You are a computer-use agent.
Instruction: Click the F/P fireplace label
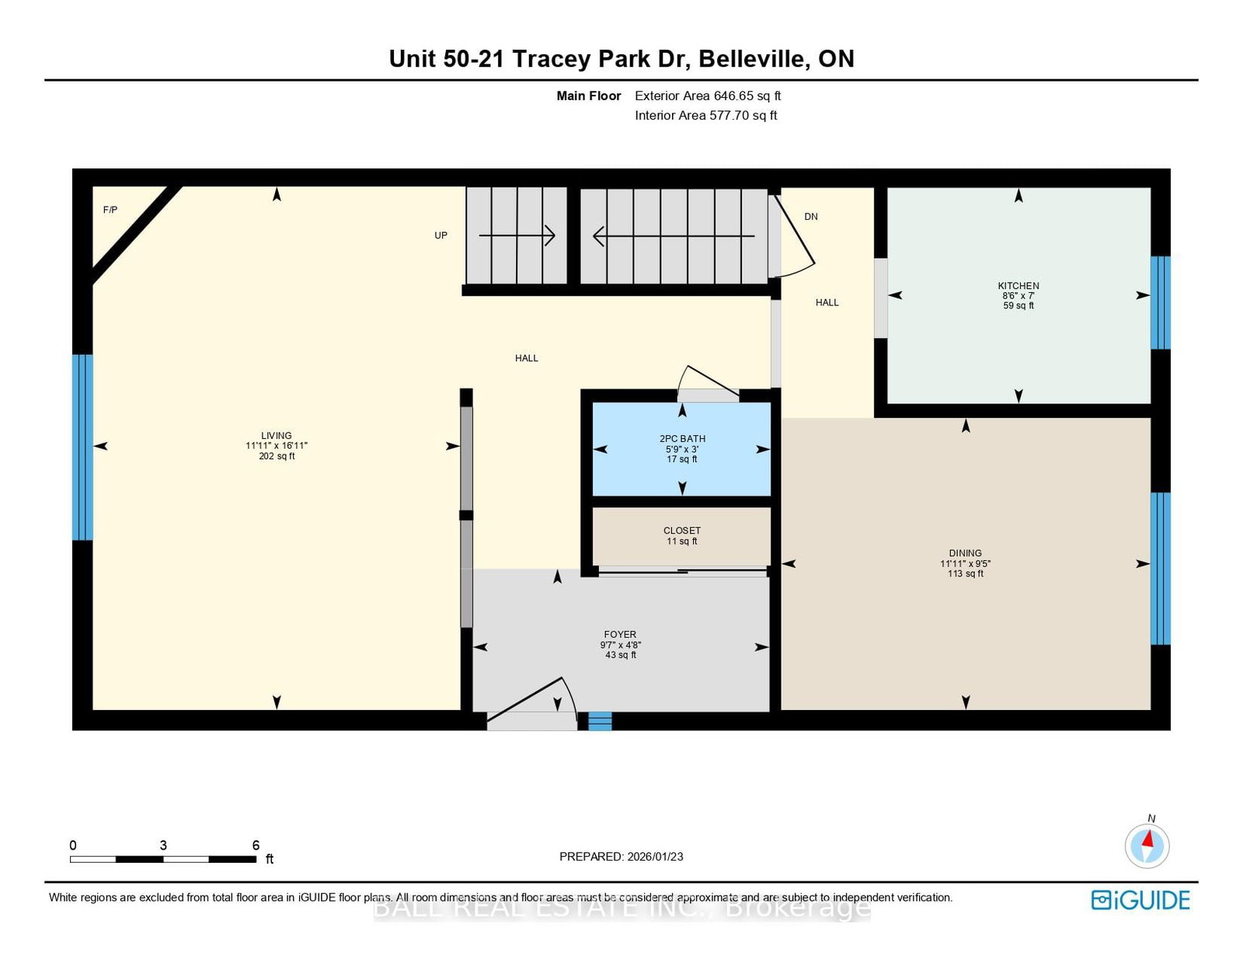pyautogui.click(x=110, y=210)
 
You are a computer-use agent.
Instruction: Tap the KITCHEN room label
pyautogui.click(x=1018, y=286)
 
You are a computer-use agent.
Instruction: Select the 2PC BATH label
pyautogui.click(x=682, y=439)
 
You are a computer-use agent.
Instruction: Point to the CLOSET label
pyautogui.click(x=682, y=530)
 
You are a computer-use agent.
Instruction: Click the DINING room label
pyautogui.click(x=965, y=553)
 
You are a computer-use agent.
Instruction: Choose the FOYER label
pyautogui.click(x=620, y=634)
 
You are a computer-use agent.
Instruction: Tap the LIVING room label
pyautogui.click(x=277, y=435)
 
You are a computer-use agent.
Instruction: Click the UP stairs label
pyautogui.click(x=440, y=235)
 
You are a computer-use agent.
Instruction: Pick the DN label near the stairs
pyautogui.click(x=811, y=216)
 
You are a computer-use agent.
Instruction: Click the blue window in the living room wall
pyautogui.click(x=82, y=447)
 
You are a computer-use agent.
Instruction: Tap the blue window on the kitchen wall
pyautogui.click(x=1161, y=302)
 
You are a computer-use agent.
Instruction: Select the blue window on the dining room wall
pyautogui.click(x=1161, y=569)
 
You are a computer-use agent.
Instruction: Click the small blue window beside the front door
pyautogui.click(x=600, y=721)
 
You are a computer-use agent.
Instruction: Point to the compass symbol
pyautogui.click(x=1147, y=846)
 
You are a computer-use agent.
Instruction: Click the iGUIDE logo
pyautogui.click(x=1140, y=900)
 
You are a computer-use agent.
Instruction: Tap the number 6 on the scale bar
pyautogui.click(x=256, y=845)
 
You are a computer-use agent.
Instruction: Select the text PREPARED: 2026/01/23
pyautogui.click(x=621, y=857)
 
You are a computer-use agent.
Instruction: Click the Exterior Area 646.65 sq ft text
pyautogui.click(x=708, y=96)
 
